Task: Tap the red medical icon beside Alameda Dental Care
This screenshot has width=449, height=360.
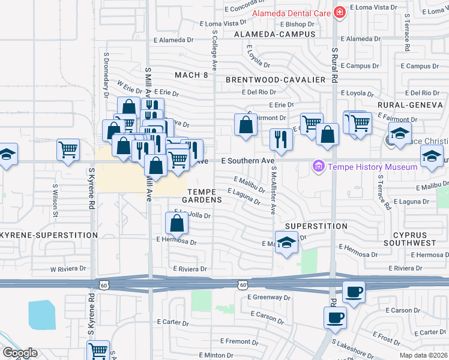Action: pos(339,13)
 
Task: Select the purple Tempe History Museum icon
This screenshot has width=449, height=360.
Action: pos(318,166)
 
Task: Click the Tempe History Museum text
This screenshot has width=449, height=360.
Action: pos(372,166)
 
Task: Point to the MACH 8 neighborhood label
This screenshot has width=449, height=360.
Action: pos(191,75)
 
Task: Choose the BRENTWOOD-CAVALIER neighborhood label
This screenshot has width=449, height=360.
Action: pos(276,79)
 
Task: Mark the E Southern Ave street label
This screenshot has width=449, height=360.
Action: pos(248,161)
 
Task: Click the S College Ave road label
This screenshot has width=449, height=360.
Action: pos(214,45)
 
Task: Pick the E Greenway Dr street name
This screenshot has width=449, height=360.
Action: pos(268,297)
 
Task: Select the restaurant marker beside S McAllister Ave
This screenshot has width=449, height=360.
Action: pos(280,140)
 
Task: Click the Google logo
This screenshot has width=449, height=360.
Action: pos(20,353)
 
